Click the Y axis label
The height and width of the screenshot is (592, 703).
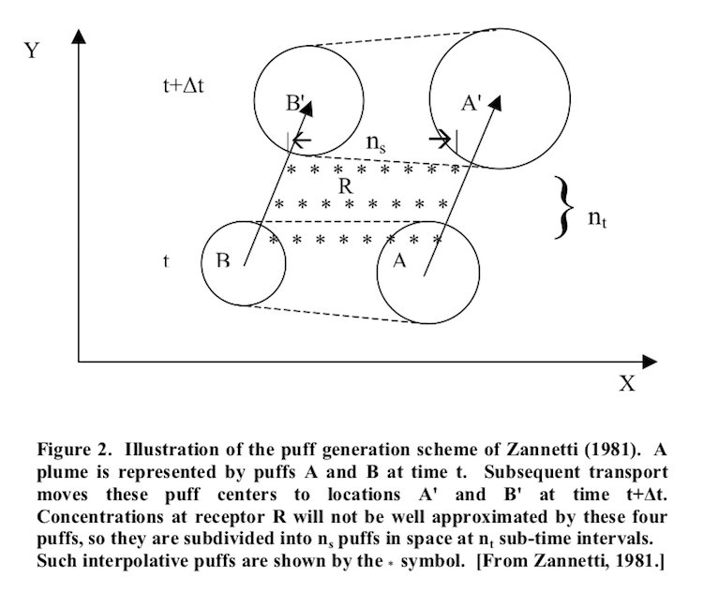point(32,51)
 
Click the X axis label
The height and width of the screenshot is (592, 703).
point(627,384)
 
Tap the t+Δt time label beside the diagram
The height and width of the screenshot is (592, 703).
point(183,84)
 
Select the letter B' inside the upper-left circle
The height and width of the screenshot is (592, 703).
point(295,103)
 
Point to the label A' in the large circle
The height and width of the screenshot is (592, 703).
point(471,103)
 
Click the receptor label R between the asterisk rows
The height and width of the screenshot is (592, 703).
point(346,186)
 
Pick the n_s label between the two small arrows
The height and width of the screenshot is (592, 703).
point(376,143)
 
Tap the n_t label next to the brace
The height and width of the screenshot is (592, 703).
point(597,218)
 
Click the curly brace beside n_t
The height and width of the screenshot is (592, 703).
point(563,208)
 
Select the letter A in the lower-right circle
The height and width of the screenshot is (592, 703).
point(399,259)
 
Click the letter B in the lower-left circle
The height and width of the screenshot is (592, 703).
point(223,260)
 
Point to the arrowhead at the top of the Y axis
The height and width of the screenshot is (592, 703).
point(79,37)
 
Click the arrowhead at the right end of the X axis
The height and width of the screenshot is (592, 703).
point(650,362)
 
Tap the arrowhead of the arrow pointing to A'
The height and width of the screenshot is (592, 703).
point(496,102)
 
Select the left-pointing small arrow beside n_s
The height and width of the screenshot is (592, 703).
point(301,141)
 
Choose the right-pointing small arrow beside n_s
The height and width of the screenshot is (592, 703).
point(440,140)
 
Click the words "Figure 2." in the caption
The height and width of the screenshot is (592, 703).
point(74,450)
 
